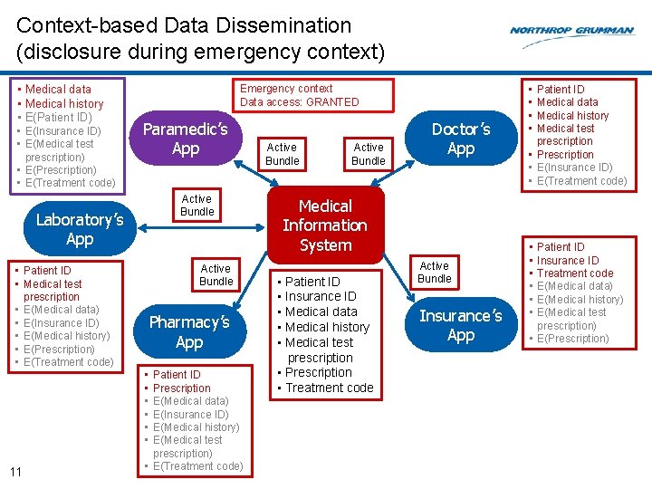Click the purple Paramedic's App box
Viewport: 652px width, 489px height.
[x=186, y=139]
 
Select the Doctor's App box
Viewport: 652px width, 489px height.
[x=461, y=139]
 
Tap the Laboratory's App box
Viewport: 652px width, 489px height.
[x=80, y=229]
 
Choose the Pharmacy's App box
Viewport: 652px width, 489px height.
[x=189, y=331]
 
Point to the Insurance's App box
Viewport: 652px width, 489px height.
[x=461, y=325]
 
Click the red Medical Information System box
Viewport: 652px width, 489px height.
[x=325, y=225]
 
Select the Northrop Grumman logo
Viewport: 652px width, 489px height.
[x=571, y=31]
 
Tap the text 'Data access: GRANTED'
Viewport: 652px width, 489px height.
[x=300, y=102]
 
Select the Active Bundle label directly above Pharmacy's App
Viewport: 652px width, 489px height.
[x=216, y=274]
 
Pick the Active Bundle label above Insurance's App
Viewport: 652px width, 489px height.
[x=434, y=273]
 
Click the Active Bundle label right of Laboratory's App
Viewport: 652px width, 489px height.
[x=197, y=206]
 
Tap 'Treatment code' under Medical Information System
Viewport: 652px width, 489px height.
[x=330, y=388]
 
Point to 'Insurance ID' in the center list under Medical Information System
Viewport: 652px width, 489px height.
[x=321, y=296]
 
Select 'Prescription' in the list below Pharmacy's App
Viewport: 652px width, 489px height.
[x=182, y=388]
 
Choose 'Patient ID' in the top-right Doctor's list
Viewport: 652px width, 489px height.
[x=561, y=89]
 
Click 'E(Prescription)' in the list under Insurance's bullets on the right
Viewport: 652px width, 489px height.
[x=573, y=339]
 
